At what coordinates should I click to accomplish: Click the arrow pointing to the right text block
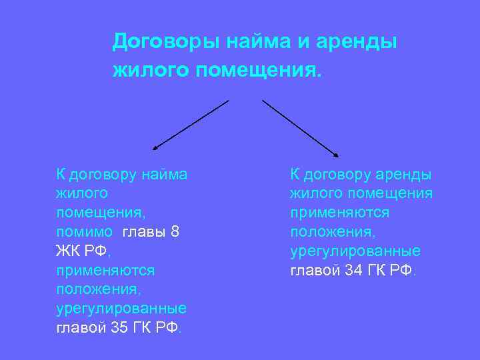pyautogui.click(x=300, y=128)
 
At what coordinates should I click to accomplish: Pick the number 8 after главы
pyautogui.click(x=175, y=233)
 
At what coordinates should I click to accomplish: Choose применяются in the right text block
pyautogui.click(x=339, y=213)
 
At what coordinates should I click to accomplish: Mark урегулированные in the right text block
pyautogui.click(x=355, y=251)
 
